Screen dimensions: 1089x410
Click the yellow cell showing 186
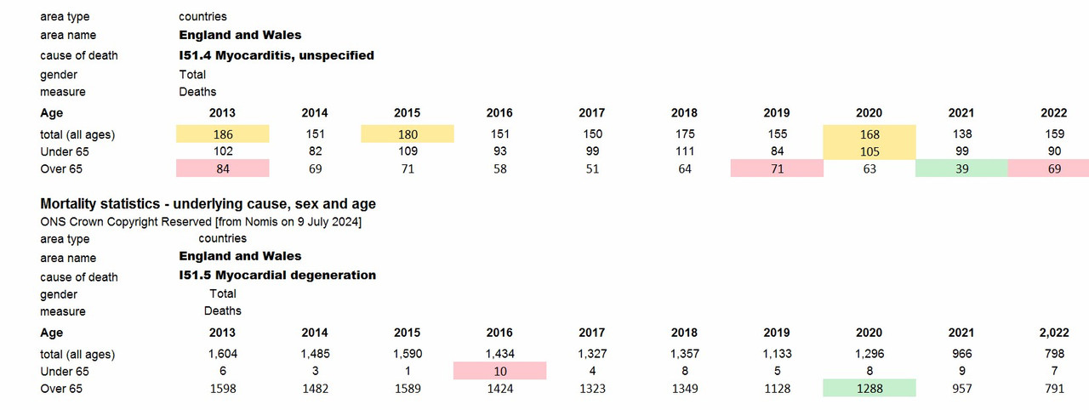click(223, 134)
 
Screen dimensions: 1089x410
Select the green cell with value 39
click(961, 168)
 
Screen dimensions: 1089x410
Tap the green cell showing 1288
click(869, 388)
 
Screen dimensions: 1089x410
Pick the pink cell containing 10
click(499, 371)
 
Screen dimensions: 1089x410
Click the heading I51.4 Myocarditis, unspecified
click(277, 55)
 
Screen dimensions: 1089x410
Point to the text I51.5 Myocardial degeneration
click(277, 275)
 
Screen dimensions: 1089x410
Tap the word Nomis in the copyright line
click(262, 221)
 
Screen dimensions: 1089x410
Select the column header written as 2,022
click(1054, 333)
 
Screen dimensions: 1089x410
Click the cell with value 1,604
click(223, 354)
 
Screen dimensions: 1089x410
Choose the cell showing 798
click(1054, 354)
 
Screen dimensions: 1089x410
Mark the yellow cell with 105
click(869, 151)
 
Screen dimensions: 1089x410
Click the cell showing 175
click(685, 134)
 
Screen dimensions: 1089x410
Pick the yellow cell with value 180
click(408, 134)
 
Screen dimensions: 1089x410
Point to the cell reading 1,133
click(777, 354)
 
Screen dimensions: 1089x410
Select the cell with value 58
click(499, 169)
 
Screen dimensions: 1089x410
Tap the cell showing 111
click(685, 151)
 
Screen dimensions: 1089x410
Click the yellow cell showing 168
click(869, 134)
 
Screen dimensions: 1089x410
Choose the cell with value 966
click(961, 354)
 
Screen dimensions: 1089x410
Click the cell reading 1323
click(592, 389)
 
